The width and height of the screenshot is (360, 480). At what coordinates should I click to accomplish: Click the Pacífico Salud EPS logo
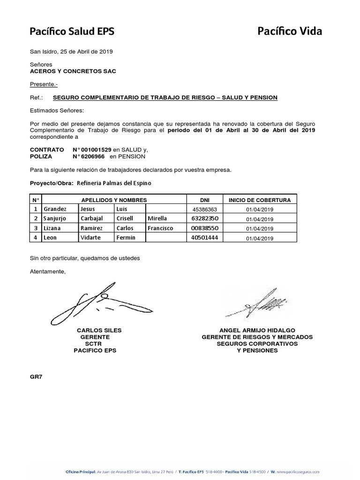[x=72, y=32]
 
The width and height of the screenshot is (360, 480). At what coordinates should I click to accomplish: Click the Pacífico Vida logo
[x=290, y=32]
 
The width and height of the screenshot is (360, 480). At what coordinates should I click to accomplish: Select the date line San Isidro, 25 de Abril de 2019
[x=71, y=52]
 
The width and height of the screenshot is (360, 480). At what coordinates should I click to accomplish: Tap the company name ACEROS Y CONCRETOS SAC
[x=73, y=71]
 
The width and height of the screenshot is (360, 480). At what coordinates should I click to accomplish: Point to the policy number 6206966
[x=92, y=156]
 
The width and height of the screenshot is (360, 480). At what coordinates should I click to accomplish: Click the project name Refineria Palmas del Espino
[x=114, y=183]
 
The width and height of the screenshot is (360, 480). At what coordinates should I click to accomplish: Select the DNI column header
[x=204, y=200]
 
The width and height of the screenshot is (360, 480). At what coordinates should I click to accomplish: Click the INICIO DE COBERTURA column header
[x=259, y=200]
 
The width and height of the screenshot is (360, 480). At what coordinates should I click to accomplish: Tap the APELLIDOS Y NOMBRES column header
[x=114, y=200]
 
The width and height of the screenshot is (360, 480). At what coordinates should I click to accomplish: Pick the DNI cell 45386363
[x=204, y=209]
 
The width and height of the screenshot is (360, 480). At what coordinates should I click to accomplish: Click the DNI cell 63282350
[x=204, y=218]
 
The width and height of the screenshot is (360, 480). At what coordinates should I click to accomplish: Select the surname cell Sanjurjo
[x=56, y=218]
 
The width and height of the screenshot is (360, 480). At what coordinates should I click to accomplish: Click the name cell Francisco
[x=161, y=228]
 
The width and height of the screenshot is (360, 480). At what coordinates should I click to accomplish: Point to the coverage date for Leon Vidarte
[x=259, y=238]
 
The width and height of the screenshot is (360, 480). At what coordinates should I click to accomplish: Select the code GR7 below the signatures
[x=36, y=376]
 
